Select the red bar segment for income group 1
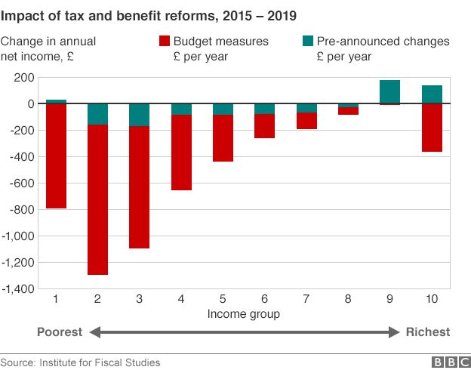click(x=57, y=156)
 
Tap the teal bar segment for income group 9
click(x=389, y=91)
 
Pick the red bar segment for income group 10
click(x=431, y=128)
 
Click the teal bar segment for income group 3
click(x=140, y=115)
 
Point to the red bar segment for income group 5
click(x=223, y=138)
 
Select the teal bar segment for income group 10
click(x=431, y=94)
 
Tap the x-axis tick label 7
click(x=306, y=300)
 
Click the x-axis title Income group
click(x=243, y=313)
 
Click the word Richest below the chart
click(x=427, y=331)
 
